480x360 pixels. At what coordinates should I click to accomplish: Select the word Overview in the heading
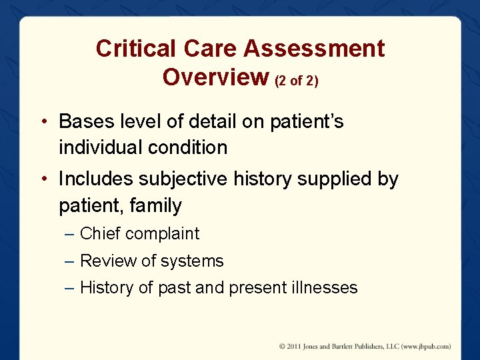click(215, 77)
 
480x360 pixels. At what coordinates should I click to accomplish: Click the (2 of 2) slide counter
click(297, 80)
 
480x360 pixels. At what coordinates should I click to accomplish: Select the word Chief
click(99, 233)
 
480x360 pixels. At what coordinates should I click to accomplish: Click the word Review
click(104, 261)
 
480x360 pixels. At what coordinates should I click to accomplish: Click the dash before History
click(70, 288)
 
